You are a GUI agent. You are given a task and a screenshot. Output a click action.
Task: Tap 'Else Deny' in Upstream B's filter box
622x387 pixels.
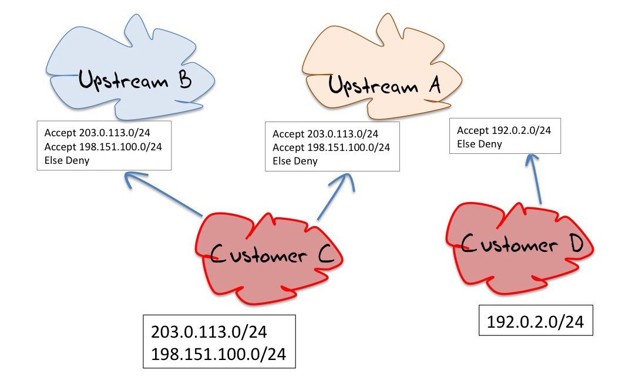(x=67, y=159)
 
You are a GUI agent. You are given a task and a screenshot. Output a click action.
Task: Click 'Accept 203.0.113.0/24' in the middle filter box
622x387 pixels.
(x=325, y=134)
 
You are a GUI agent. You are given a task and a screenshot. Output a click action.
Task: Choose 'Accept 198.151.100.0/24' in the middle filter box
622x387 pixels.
(x=331, y=148)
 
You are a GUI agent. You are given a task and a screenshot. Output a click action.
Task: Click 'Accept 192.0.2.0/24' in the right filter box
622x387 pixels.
(x=504, y=130)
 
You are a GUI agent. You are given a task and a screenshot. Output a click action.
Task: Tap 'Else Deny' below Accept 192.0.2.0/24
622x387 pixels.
(x=479, y=144)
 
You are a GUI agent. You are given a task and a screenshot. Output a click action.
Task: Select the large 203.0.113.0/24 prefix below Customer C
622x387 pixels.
(x=209, y=332)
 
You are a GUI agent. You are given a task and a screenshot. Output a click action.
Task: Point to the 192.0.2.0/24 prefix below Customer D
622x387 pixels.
(x=536, y=321)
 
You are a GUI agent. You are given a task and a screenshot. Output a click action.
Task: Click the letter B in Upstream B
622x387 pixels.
(x=183, y=79)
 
